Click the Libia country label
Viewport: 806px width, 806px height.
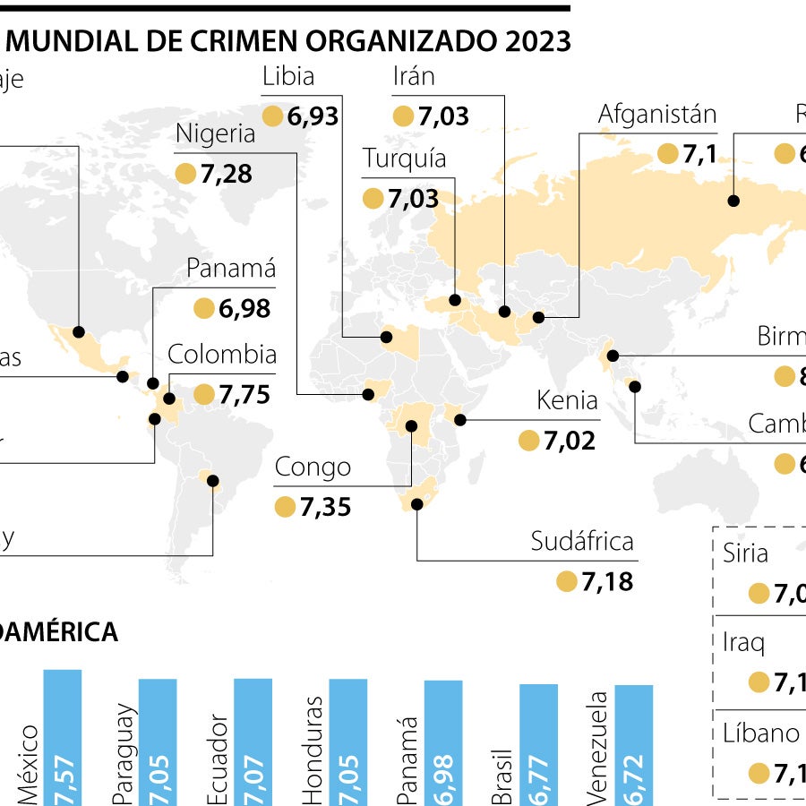coord(287,77)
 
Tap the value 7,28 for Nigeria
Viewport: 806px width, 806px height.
coord(227,174)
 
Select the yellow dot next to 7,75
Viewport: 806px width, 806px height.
coord(204,394)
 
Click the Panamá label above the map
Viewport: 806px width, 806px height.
coord(231,269)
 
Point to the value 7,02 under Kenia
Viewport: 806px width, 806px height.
coord(570,441)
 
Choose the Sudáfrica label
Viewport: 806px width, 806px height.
coord(582,541)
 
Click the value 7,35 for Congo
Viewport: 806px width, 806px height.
coord(325,507)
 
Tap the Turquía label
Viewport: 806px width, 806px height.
coord(405,159)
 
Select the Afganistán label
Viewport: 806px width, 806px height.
coord(657,115)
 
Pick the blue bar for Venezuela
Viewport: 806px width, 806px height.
coord(634,743)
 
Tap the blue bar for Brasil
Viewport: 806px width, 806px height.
coord(539,743)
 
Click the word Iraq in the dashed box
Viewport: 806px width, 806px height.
coord(743,642)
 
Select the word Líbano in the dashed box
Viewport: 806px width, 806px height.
coord(761,733)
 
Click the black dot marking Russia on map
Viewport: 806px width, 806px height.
coord(733,201)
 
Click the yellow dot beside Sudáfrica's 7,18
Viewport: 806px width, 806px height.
coord(566,582)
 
